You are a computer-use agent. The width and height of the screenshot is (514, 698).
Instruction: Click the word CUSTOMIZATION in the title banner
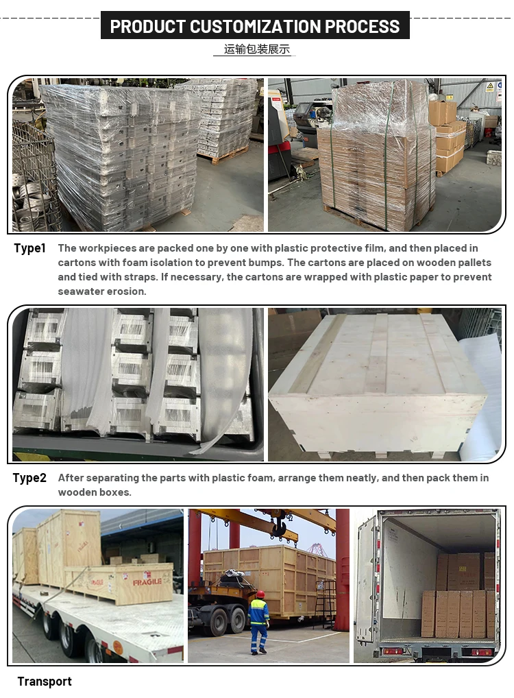(255, 27)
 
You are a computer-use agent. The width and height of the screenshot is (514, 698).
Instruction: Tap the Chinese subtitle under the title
(257, 49)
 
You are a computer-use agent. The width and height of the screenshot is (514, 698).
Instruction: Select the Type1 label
(30, 248)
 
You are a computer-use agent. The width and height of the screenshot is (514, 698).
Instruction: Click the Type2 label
(29, 478)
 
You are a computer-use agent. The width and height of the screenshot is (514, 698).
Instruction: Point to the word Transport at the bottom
(45, 682)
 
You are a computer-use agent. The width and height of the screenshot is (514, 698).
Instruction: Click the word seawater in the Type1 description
(77, 291)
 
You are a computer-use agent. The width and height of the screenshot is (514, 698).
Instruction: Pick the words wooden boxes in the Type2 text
(95, 492)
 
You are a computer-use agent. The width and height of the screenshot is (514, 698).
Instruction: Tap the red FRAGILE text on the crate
(147, 582)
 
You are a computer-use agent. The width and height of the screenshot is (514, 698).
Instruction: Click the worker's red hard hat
(260, 594)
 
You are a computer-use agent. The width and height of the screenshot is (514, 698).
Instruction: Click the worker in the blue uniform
(258, 622)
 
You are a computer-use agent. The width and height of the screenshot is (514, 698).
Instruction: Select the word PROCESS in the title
(363, 27)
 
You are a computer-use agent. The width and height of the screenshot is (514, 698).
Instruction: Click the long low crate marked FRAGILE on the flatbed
(119, 583)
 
